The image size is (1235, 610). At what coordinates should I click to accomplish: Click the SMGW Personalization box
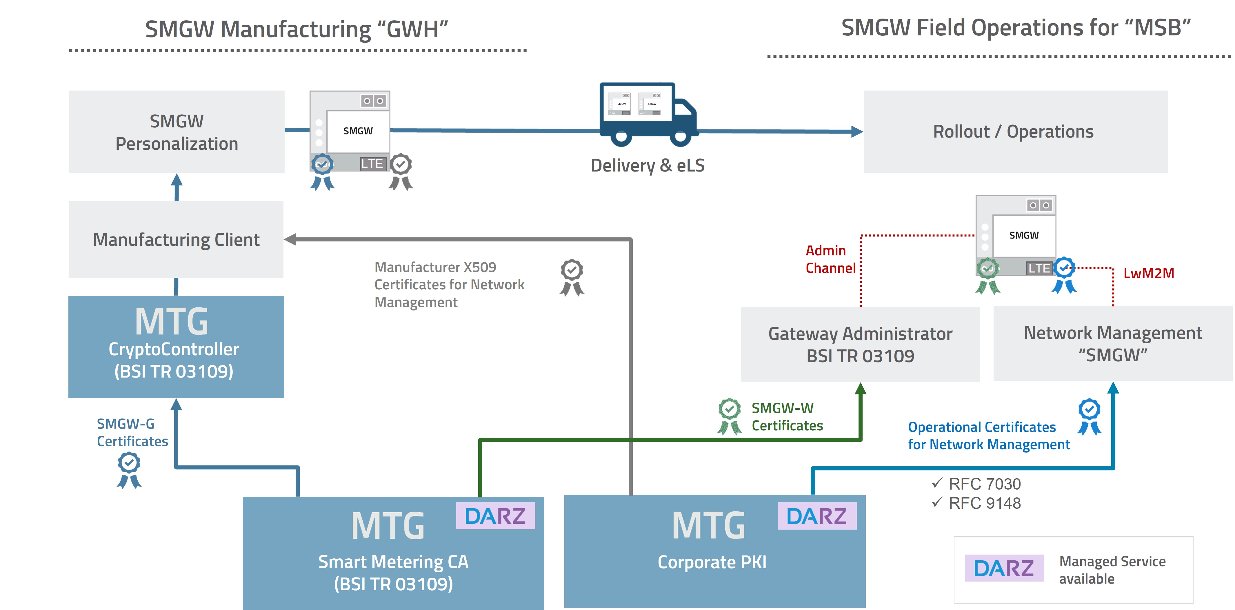point(177,132)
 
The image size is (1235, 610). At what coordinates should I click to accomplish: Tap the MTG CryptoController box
point(176,346)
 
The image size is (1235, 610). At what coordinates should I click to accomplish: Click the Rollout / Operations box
point(1015,131)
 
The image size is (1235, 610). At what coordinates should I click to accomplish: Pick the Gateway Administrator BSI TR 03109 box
point(860,344)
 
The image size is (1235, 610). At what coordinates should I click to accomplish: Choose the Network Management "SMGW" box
point(1112,344)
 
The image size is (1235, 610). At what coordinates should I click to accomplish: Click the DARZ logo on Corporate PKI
point(816,516)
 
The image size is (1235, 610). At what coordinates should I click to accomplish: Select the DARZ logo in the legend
point(1004,568)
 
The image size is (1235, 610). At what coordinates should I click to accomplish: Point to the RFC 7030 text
point(984,484)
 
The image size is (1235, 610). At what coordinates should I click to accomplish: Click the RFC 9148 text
point(984,503)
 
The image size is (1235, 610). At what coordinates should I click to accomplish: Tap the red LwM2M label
point(1148,273)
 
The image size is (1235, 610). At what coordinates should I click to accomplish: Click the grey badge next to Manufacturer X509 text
point(572,277)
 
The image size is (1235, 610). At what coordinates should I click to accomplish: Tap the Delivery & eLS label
point(647,166)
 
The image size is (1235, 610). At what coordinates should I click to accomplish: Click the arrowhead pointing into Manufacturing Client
point(290,239)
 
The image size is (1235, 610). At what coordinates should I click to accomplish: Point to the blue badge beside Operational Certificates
point(1089,416)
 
